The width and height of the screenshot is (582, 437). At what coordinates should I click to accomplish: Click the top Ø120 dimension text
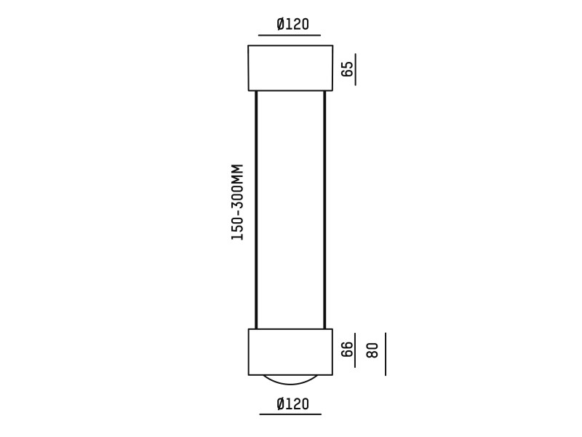coord(292,24)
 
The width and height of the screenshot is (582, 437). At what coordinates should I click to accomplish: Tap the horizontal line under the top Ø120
coord(290,35)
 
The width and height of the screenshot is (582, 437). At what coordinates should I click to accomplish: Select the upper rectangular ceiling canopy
coord(290,68)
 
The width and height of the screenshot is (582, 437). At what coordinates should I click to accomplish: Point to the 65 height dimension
coord(348,68)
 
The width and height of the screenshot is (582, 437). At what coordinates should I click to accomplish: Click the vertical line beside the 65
coord(355,68)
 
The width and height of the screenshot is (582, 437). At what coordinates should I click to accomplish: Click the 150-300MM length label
coord(237,202)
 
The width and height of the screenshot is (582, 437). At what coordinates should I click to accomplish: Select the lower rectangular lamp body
coord(290,352)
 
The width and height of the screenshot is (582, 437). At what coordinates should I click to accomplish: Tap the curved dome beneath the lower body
coord(290,379)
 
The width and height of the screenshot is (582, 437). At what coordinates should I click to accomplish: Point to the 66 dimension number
coord(348,349)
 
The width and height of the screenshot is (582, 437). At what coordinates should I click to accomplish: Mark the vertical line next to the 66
coord(355,353)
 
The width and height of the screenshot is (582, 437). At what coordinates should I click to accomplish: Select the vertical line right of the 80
coord(386,354)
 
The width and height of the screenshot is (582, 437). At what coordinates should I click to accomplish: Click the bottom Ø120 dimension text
coord(292,403)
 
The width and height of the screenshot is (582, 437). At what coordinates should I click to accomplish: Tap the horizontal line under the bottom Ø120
coord(290,414)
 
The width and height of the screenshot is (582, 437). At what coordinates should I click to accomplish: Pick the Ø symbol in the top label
coord(281,24)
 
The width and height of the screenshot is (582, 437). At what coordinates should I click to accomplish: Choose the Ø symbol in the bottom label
coord(281,403)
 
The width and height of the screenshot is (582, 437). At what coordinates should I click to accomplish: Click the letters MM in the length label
coord(237,173)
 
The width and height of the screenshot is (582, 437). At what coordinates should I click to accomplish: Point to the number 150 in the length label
coord(237,230)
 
